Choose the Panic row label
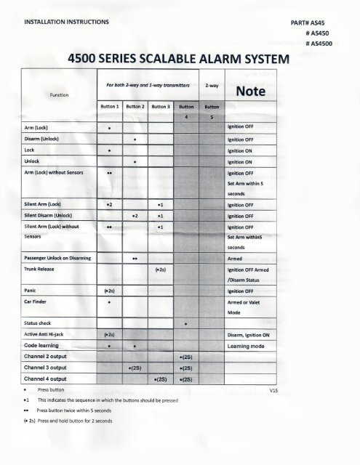coord(29,291)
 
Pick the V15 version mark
coord(274,389)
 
